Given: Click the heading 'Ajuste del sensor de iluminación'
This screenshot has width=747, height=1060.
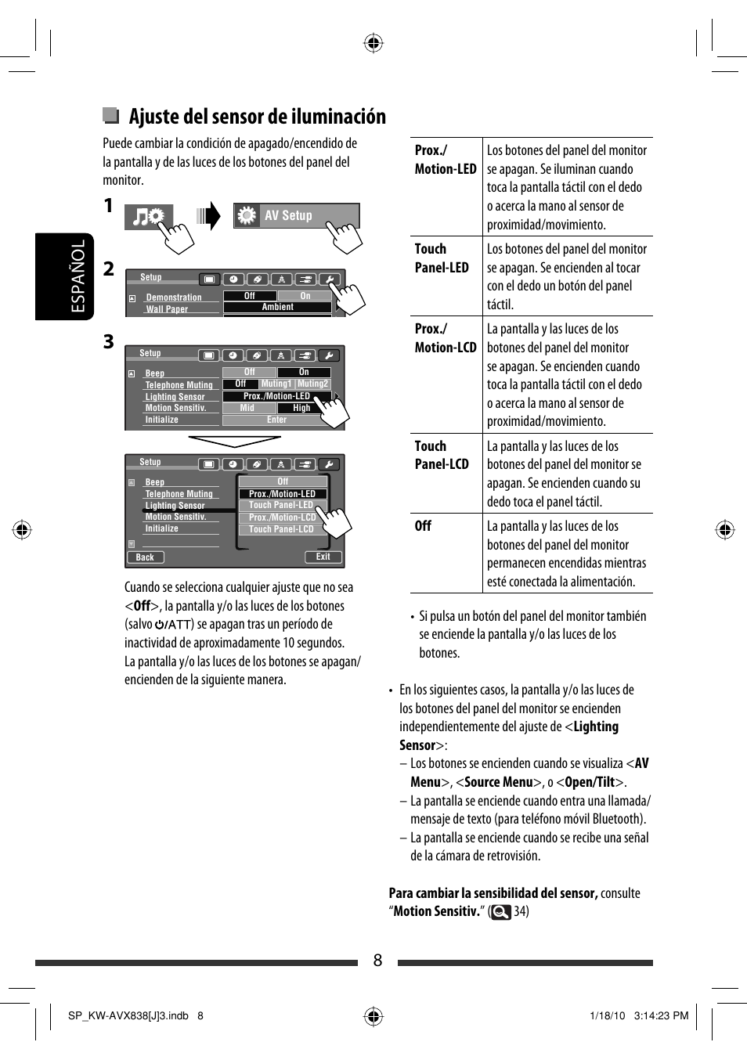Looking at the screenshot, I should point(257,117).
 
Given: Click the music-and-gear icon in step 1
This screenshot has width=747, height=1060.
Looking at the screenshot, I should point(148,216).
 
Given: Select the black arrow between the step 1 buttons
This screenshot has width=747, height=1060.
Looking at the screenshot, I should point(209,215).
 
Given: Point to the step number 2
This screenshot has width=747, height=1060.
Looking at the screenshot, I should point(109,269).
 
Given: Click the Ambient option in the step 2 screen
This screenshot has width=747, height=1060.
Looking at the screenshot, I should point(277,307).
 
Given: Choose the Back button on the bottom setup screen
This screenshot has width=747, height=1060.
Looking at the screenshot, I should point(145,557).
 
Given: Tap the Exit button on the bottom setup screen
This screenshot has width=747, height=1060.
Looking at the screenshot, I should point(323,557).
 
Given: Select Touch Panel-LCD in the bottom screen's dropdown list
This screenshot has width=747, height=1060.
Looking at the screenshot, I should point(281,529).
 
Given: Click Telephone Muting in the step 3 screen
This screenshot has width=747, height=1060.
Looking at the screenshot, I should point(179,385).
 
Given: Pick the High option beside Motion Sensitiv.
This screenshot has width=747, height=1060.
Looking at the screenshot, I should point(301,408).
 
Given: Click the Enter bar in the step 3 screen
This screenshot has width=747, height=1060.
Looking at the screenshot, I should point(276,420).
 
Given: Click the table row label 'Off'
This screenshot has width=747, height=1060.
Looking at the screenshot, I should point(423,526).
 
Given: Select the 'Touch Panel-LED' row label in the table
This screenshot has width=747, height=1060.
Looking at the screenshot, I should point(442,258).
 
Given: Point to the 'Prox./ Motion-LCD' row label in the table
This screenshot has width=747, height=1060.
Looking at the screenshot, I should point(445,338).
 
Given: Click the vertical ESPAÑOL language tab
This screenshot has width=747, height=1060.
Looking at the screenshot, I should point(78,276).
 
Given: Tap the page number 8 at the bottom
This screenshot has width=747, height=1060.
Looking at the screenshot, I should point(377,961).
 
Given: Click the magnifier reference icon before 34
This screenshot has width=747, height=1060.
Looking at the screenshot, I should point(500,912).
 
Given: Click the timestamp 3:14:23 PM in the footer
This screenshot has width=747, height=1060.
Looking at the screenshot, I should point(661,1015).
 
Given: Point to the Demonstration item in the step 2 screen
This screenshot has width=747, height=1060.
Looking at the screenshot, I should point(174,297).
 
